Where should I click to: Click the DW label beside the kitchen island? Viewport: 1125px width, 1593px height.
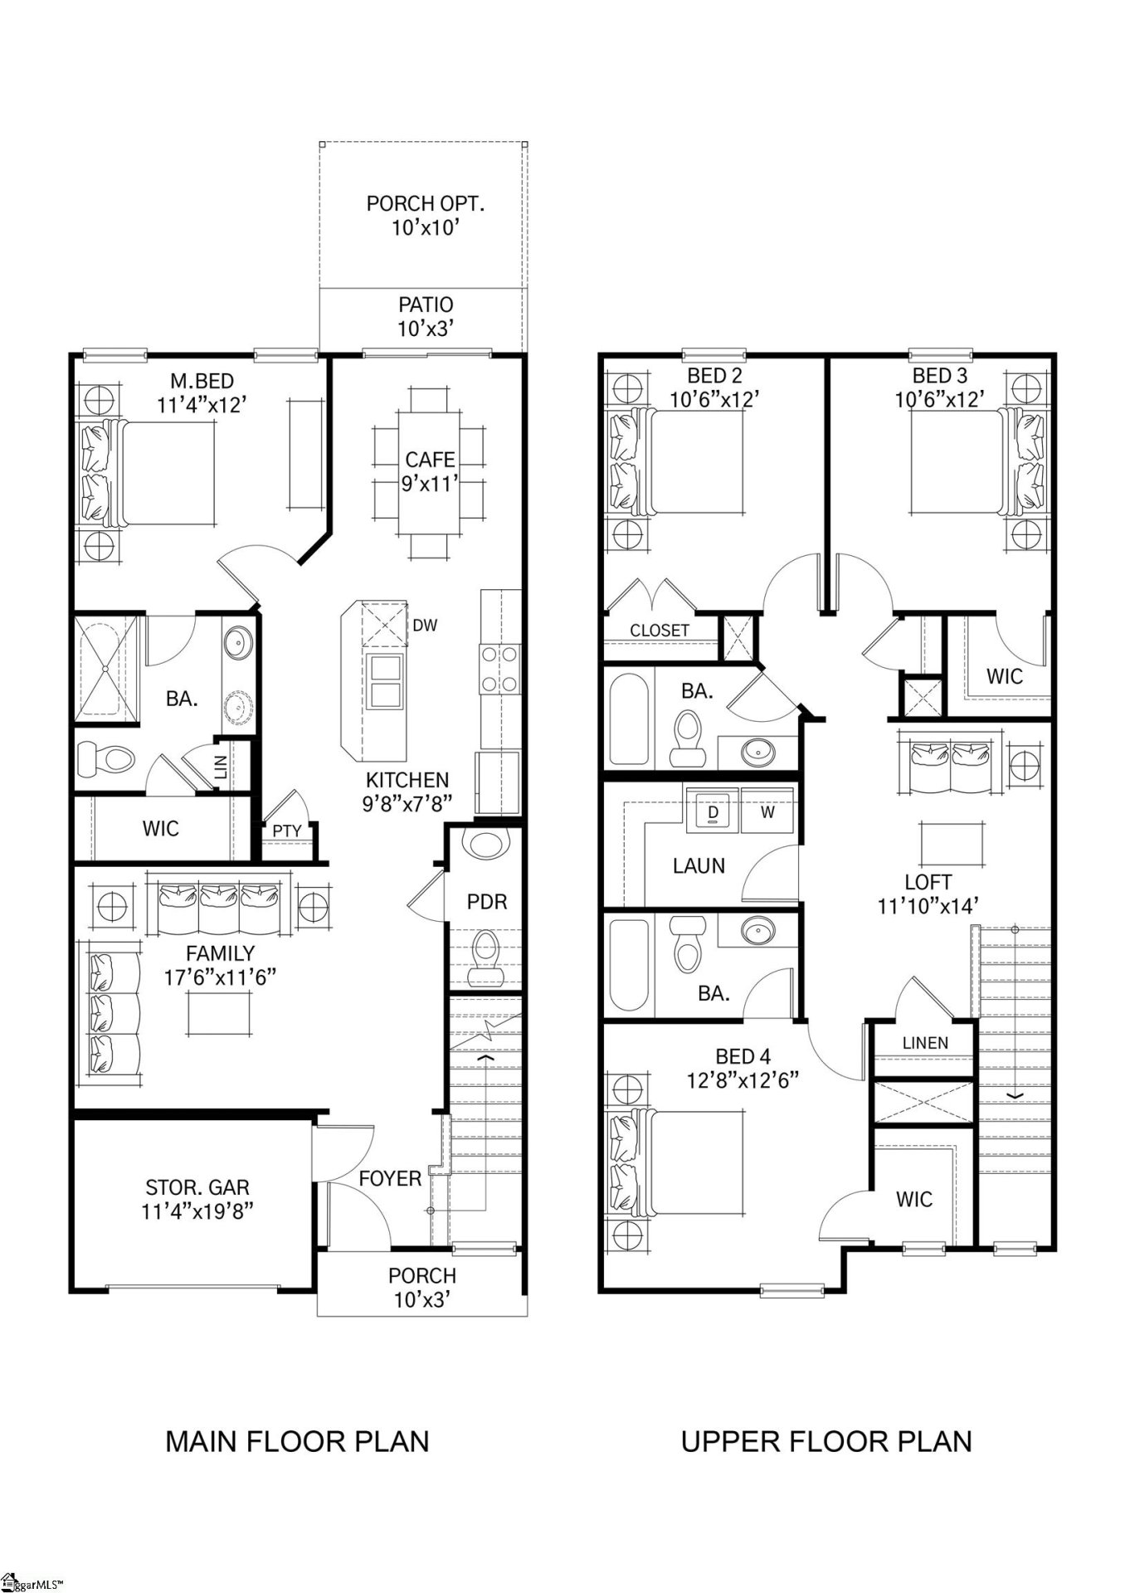(424, 626)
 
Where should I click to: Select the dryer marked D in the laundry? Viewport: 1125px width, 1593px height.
(713, 812)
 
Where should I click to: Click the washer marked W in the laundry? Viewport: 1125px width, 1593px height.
(768, 812)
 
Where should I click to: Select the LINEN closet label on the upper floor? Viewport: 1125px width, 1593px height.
(924, 1043)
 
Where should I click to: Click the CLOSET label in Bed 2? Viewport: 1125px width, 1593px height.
(660, 630)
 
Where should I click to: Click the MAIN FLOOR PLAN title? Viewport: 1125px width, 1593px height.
(297, 1441)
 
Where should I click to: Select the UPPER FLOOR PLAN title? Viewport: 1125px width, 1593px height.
(826, 1441)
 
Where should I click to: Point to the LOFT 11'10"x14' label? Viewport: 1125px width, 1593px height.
(928, 894)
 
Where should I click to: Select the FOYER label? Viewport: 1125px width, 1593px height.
(390, 1178)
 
